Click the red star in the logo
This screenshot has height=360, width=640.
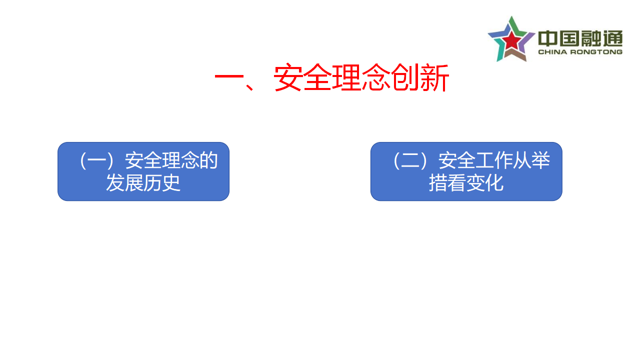click(511, 40)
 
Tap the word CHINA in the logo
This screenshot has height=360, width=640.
click(552, 52)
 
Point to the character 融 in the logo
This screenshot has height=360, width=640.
click(591, 38)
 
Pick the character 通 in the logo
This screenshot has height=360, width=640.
click(613, 38)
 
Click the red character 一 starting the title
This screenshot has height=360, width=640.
click(229, 76)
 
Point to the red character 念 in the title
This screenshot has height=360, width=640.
click(375, 77)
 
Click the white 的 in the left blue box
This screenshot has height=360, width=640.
click(208, 160)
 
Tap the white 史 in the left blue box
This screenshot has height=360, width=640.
click(171, 182)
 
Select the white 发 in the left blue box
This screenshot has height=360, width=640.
click(115, 182)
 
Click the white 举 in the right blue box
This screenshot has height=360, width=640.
click(541, 160)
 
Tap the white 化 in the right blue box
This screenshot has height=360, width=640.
click(494, 183)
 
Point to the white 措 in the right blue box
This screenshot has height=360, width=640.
click(438, 183)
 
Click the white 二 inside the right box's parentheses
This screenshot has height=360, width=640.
click(410, 160)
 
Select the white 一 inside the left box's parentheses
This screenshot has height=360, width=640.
click(97, 160)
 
